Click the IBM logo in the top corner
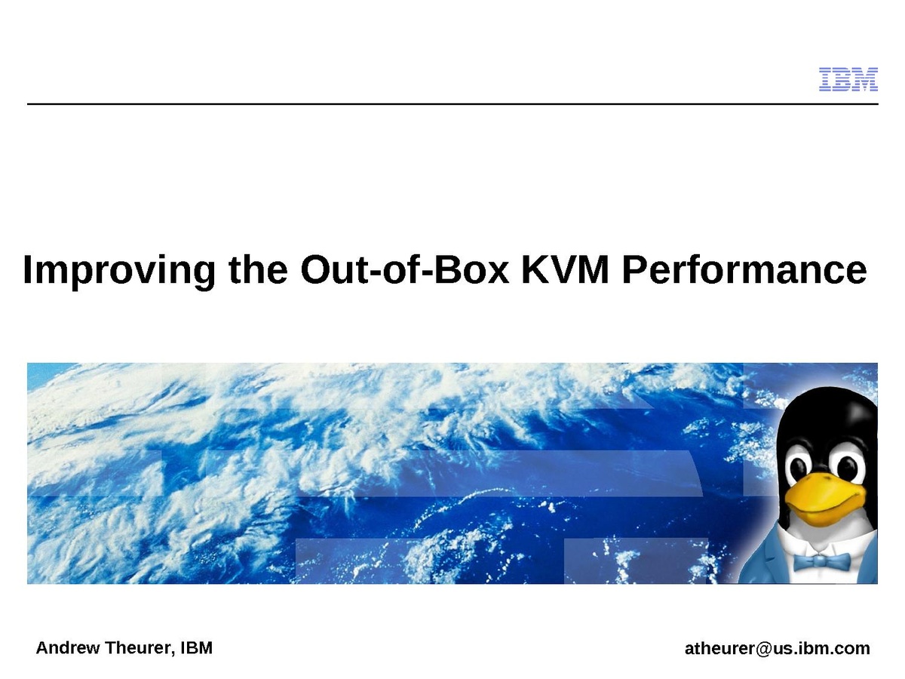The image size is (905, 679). tap(848, 78)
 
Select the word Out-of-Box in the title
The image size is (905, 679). tap(404, 269)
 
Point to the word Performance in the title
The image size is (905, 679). tap(744, 269)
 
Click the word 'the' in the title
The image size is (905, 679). tap(258, 269)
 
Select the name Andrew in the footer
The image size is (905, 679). tap(68, 647)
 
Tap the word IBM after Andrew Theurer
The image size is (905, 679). tap(196, 647)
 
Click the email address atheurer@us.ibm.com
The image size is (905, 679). tap(778, 649)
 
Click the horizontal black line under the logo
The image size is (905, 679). tap(452, 104)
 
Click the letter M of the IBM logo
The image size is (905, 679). tap(863, 78)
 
